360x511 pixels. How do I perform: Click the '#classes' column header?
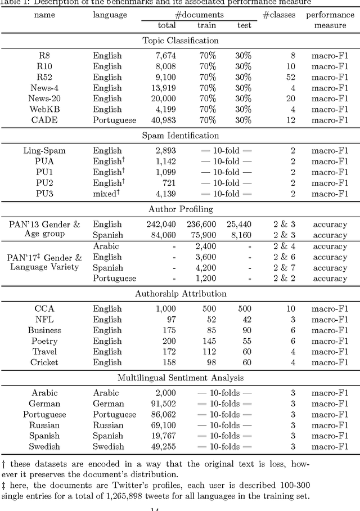(x=278, y=15)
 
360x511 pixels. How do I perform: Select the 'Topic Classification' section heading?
(x=181, y=41)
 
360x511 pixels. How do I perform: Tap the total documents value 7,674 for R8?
(x=163, y=56)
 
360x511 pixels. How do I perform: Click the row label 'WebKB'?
(x=44, y=109)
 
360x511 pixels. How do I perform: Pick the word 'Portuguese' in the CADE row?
(x=114, y=120)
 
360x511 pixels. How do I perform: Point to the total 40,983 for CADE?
(x=161, y=120)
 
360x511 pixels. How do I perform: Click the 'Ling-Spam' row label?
(x=44, y=150)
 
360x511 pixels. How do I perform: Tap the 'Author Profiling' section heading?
(x=181, y=209)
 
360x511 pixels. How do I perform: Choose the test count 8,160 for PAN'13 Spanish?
(x=238, y=235)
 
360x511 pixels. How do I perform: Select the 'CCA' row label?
(x=44, y=309)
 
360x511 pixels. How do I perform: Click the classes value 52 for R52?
(x=290, y=77)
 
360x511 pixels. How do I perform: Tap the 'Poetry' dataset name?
(x=44, y=341)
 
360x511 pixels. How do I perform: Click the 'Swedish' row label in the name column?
(x=44, y=446)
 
